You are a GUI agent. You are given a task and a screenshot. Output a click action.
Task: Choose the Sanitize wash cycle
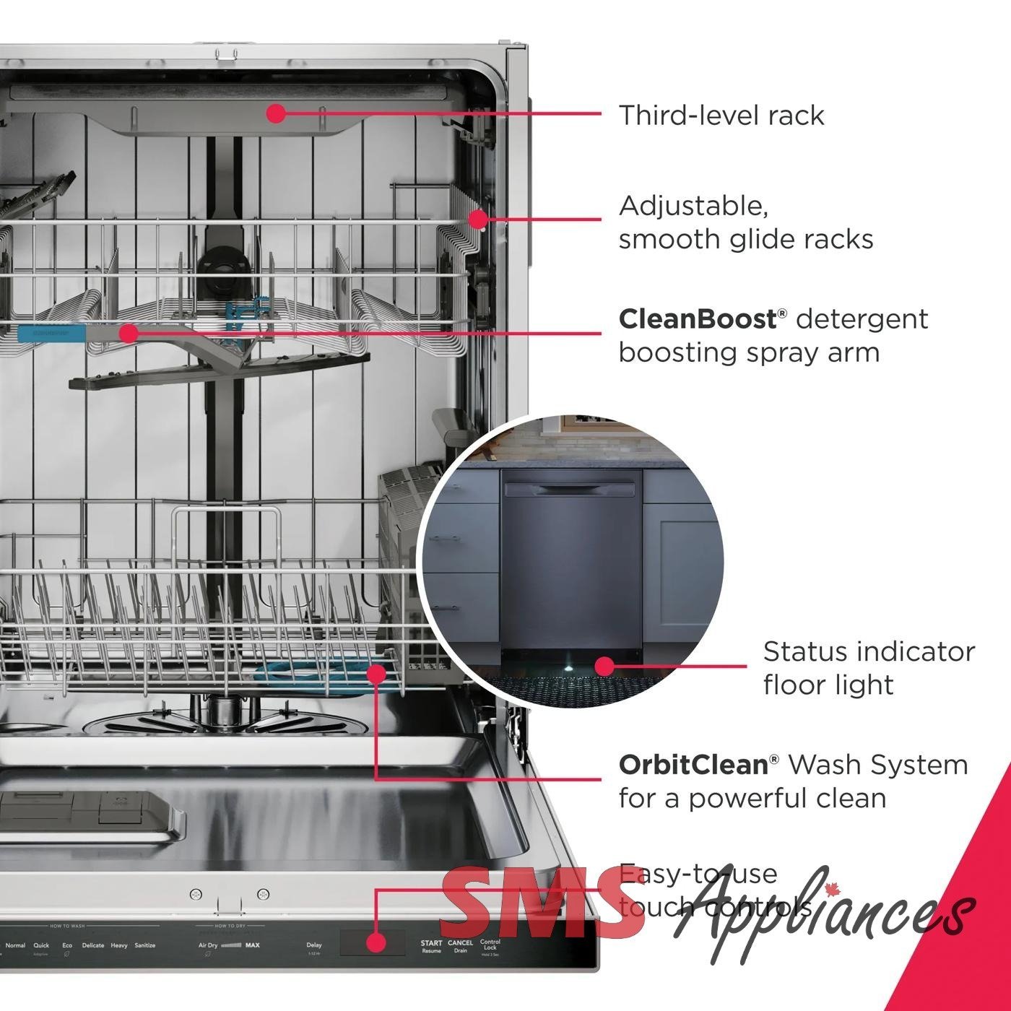pyautogui.click(x=145, y=945)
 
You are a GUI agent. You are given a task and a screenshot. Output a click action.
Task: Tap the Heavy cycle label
pyautogui.click(x=119, y=945)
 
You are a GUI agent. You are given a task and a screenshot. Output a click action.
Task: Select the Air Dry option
pyautogui.click(x=208, y=945)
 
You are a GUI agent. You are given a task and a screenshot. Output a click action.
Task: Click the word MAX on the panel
pyautogui.click(x=253, y=945)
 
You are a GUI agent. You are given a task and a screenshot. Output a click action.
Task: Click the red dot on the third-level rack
pyautogui.click(x=276, y=113)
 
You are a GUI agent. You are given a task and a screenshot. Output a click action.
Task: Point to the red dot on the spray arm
pyautogui.click(x=129, y=333)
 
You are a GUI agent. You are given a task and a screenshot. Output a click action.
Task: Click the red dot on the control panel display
pyautogui.click(x=375, y=942)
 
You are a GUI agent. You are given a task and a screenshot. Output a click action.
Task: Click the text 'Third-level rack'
pyautogui.click(x=721, y=116)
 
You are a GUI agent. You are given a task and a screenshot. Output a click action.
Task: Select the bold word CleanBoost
pyautogui.click(x=696, y=319)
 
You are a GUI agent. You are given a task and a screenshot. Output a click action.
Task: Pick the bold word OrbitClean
pyautogui.click(x=693, y=765)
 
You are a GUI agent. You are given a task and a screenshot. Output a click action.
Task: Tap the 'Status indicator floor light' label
pyautogui.click(x=868, y=668)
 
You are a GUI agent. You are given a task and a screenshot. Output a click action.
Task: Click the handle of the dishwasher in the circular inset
pyautogui.click(x=570, y=490)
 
